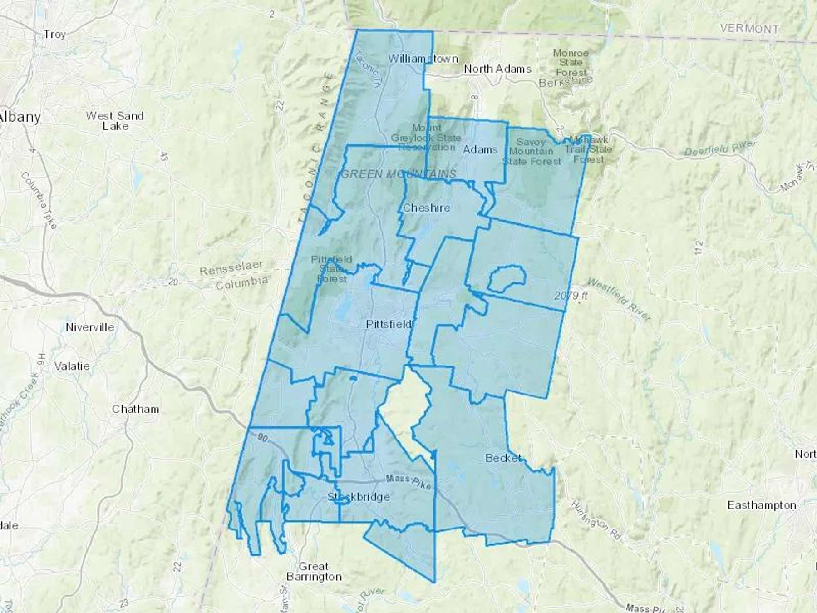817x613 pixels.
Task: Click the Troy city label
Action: pyautogui.click(x=54, y=35)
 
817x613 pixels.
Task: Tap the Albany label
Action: pyautogui.click(x=20, y=117)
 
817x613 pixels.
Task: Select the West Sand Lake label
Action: pyautogui.click(x=115, y=121)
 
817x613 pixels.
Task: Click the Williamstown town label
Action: pyautogui.click(x=423, y=59)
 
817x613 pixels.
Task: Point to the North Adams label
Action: pyautogui.click(x=497, y=69)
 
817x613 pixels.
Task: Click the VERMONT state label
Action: pyautogui.click(x=749, y=28)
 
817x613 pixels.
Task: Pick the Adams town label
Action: pyautogui.click(x=480, y=149)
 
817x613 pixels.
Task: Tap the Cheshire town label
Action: pyautogui.click(x=426, y=208)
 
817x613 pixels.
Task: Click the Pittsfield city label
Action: pyautogui.click(x=389, y=324)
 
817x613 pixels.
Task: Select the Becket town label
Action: pyautogui.click(x=503, y=458)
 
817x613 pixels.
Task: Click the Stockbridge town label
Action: pyautogui.click(x=359, y=497)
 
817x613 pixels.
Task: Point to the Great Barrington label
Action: pyautogui.click(x=314, y=572)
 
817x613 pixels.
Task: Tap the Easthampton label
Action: pyautogui.click(x=762, y=505)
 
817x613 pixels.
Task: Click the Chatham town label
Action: pyautogui.click(x=135, y=409)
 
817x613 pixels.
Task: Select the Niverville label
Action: pyautogui.click(x=90, y=327)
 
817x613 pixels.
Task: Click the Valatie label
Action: pyautogui.click(x=72, y=366)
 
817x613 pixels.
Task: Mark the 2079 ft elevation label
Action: pyautogui.click(x=571, y=296)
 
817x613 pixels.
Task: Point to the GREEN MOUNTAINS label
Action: pyautogui.click(x=398, y=173)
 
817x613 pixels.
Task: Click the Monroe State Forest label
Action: pyautogui.click(x=571, y=63)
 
